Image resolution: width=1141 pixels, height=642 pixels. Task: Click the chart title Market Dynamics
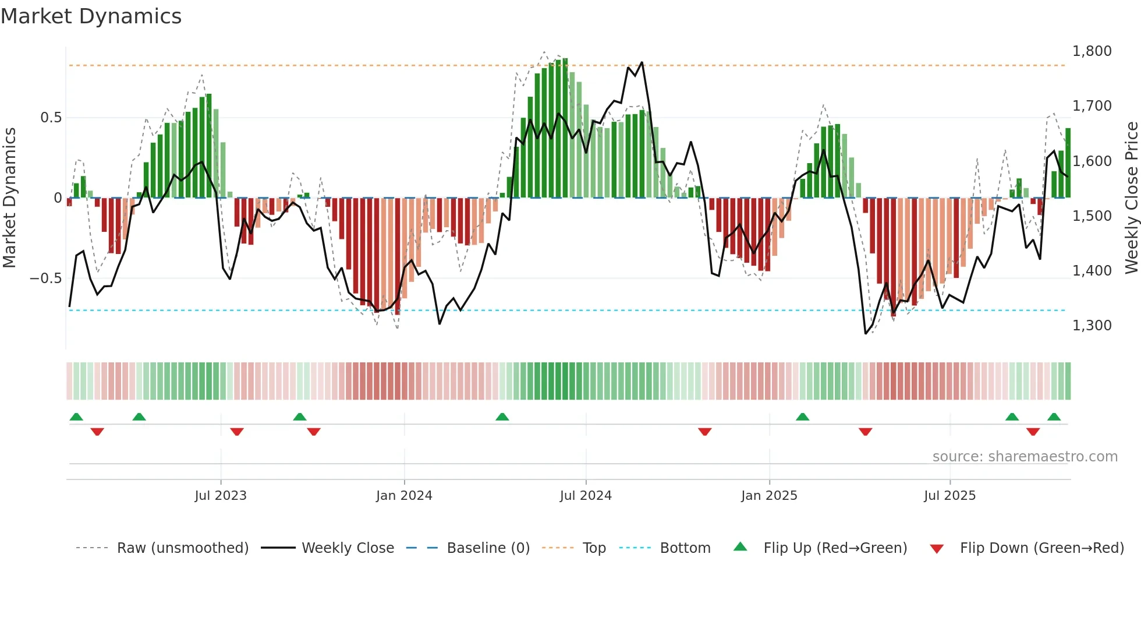[x=91, y=16]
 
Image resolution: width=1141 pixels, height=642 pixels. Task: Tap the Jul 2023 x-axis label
[x=221, y=496]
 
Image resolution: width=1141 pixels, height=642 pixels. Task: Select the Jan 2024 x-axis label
[x=404, y=496]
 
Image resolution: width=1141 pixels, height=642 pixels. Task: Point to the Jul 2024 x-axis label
[x=586, y=496]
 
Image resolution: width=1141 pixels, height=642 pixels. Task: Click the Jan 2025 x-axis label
[x=769, y=496]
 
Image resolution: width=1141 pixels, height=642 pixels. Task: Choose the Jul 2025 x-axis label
[x=949, y=496]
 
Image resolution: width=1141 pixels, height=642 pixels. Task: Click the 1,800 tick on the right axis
[x=1092, y=51]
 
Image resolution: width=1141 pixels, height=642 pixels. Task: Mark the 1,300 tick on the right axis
[x=1092, y=326]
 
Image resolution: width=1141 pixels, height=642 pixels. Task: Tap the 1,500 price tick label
[x=1092, y=216]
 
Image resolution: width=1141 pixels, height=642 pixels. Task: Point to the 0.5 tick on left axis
[x=51, y=118]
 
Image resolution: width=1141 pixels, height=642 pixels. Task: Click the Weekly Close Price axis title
[x=1131, y=198]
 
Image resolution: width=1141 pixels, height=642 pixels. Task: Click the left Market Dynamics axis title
[x=9, y=198]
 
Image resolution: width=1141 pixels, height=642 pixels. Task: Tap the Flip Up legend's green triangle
[x=740, y=547]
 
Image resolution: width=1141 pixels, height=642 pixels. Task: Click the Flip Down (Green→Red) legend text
[x=1041, y=548]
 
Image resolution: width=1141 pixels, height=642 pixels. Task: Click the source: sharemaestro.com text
[x=1025, y=457]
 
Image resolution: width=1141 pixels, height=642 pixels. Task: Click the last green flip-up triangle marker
[x=1054, y=417]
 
